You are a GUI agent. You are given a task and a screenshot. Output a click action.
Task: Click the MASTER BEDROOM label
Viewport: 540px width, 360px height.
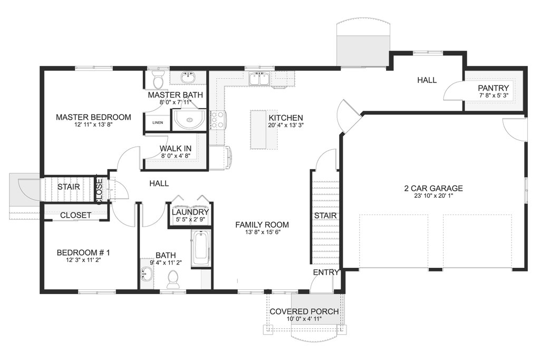click(x=93, y=118)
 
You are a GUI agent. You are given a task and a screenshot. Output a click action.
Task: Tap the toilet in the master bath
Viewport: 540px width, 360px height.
click(x=158, y=80)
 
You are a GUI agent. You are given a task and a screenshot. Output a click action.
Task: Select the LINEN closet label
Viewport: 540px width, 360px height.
click(x=158, y=122)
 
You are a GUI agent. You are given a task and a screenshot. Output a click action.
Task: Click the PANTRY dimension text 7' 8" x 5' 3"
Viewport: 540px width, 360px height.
click(x=494, y=95)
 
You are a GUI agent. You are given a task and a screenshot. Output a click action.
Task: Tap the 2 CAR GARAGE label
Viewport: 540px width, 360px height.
click(x=433, y=188)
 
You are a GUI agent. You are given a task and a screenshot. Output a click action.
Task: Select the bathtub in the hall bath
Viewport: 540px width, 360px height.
click(x=201, y=248)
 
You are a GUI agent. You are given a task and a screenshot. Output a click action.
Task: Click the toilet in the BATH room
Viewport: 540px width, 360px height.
click(x=172, y=279)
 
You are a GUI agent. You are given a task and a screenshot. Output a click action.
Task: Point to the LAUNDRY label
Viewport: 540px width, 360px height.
click(x=190, y=212)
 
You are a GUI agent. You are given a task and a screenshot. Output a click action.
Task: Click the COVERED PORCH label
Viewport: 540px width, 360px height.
click(x=304, y=312)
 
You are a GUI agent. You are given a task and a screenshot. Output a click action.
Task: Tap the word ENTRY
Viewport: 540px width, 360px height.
click(x=326, y=272)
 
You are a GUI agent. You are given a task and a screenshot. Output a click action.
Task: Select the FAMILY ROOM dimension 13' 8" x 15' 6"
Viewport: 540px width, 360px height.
click(x=262, y=232)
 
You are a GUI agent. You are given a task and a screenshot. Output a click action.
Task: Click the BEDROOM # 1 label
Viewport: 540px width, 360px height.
click(x=83, y=252)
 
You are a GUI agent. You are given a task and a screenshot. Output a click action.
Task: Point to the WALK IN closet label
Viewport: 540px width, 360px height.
click(x=176, y=149)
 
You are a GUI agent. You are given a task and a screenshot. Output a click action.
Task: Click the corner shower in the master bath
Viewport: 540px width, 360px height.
click(x=189, y=120)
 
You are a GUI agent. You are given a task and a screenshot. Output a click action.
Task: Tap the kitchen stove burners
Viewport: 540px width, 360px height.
click(x=217, y=120)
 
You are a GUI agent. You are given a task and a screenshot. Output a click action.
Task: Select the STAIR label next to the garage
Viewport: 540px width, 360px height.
click(x=325, y=216)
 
